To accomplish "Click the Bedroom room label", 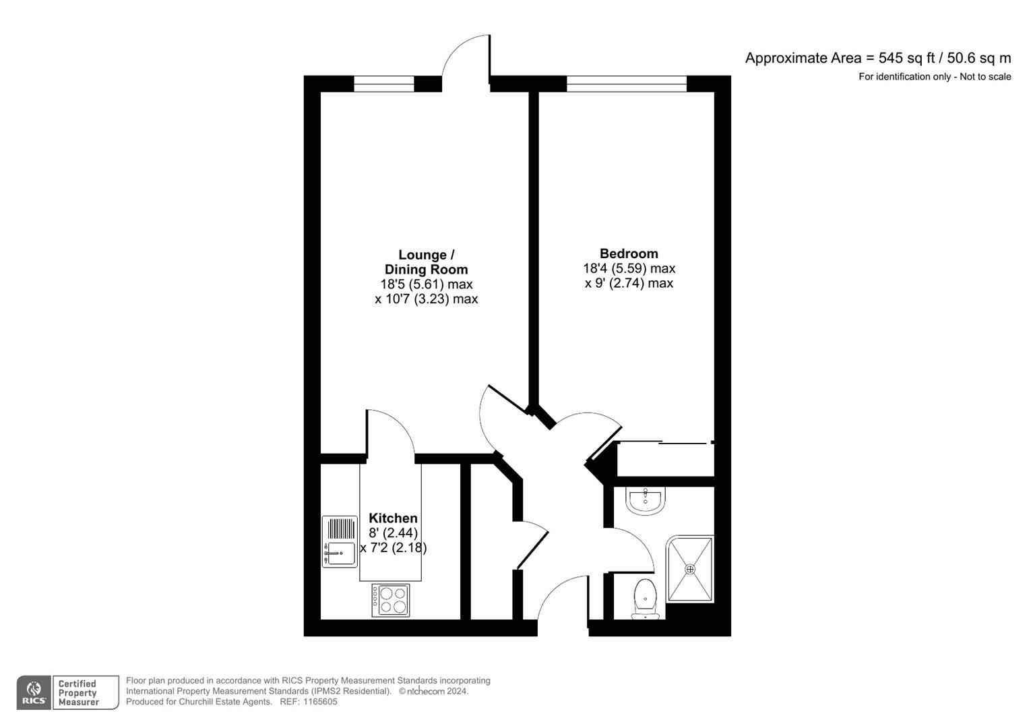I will click(x=629, y=253).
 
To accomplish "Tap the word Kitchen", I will click(x=393, y=518).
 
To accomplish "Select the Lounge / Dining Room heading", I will click(x=426, y=262).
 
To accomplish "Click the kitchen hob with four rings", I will click(x=391, y=600).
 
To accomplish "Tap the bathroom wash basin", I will click(x=646, y=501).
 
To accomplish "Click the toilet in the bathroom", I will click(x=645, y=597).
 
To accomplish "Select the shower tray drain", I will click(x=689, y=569).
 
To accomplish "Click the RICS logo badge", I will click(x=33, y=693).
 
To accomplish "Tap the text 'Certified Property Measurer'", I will click(x=78, y=693).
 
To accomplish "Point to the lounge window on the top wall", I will click(x=383, y=84).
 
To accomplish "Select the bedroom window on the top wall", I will click(x=626, y=84).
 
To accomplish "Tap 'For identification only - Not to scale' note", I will click(x=934, y=77).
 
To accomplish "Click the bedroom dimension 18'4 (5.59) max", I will click(x=629, y=268).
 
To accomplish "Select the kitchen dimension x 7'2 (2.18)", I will click(x=394, y=547).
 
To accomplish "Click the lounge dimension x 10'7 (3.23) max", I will click(x=426, y=299).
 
